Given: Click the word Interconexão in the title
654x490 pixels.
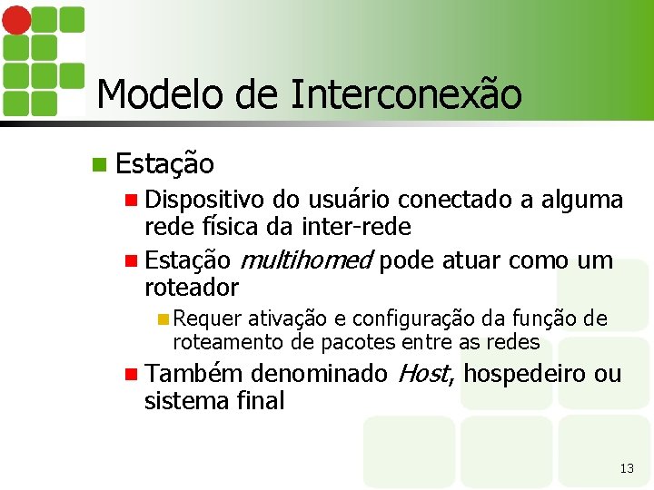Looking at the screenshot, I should [406, 93].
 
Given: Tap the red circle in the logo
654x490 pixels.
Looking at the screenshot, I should [15, 17].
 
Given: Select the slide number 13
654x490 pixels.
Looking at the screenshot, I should [626, 468].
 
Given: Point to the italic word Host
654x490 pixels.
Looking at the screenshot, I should [422, 373].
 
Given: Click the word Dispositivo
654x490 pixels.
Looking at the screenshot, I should [205, 199].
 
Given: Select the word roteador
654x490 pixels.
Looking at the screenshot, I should [191, 288].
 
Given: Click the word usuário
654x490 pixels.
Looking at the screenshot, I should [350, 199].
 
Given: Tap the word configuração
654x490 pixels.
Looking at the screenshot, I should [401, 318].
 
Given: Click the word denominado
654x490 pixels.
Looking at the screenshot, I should [319, 373].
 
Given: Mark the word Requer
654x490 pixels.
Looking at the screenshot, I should [207, 318].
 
